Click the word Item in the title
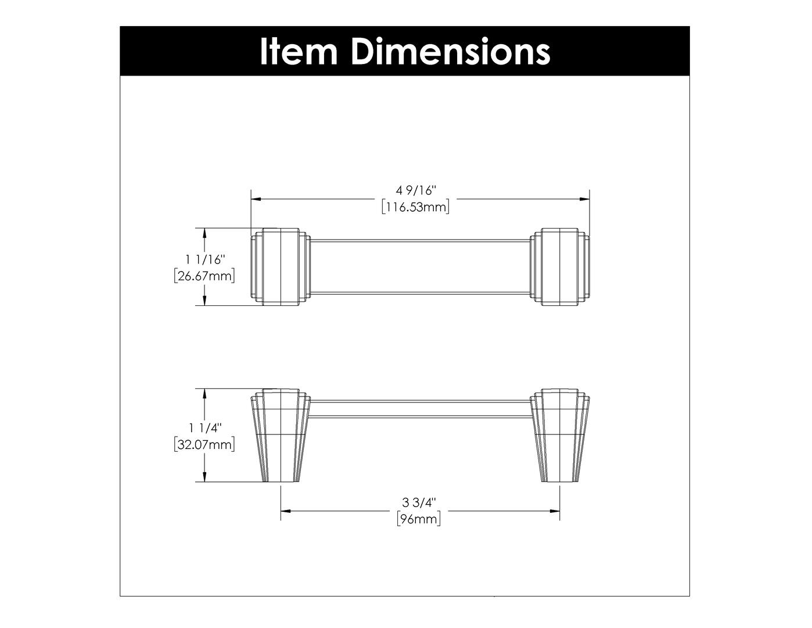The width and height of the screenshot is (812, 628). click(x=298, y=51)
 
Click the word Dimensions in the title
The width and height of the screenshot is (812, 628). click(x=450, y=51)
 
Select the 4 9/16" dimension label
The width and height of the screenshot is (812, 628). click(x=416, y=191)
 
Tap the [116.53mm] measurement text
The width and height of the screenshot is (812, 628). click(x=415, y=207)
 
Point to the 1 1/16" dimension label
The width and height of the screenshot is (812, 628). click(x=205, y=259)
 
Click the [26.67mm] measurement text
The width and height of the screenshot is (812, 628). click(x=204, y=276)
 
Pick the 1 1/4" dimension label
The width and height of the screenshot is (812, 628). click(x=205, y=428)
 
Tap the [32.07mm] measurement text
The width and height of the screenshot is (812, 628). click(x=204, y=445)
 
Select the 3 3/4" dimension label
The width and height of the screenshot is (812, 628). click(x=419, y=502)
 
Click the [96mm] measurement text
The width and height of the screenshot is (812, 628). click(x=419, y=519)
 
